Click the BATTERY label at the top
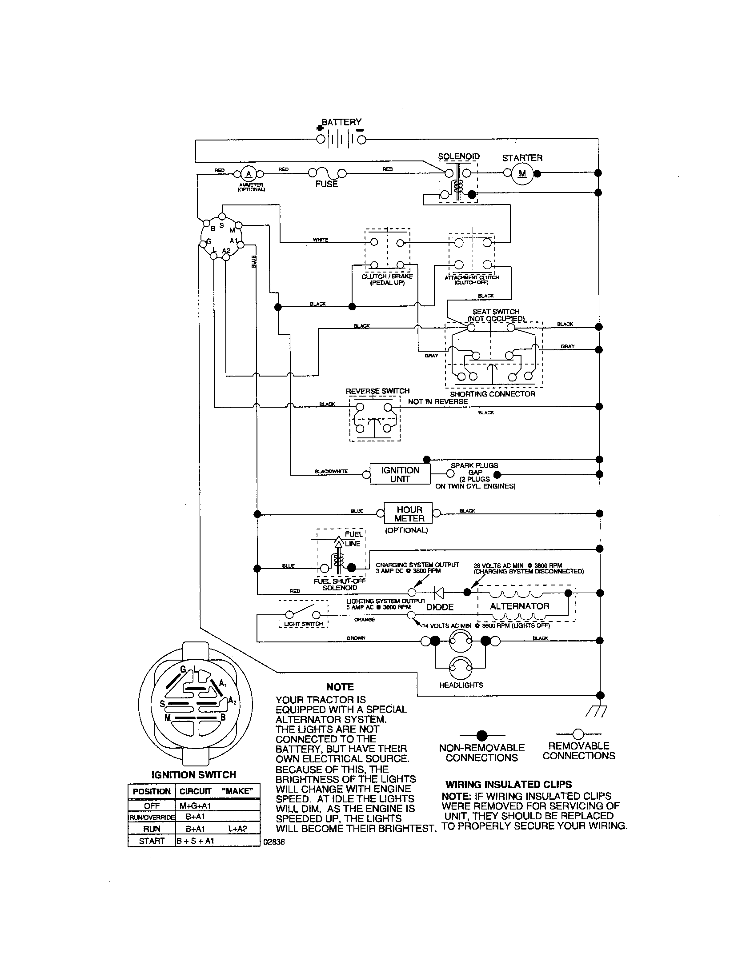pyautogui.click(x=341, y=122)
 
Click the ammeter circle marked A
pyautogui.click(x=249, y=174)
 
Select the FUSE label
pyautogui.click(x=326, y=184)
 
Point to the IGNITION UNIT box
pyautogui.click(x=400, y=474)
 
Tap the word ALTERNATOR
pyautogui.click(x=519, y=606)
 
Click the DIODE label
pyautogui.click(x=440, y=607)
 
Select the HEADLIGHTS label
pyautogui.click(x=461, y=685)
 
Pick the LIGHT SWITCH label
pyautogui.click(x=303, y=624)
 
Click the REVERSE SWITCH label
pyautogui.click(x=377, y=391)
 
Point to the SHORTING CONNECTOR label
pyautogui.click(x=493, y=394)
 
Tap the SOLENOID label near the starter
pyautogui.click(x=458, y=156)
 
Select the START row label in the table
pyautogui.click(x=152, y=841)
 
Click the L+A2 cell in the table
pyautogui.click(x=237, y=829)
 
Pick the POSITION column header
pyautogui.click(x=152, y=791)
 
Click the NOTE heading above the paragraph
pyautogui.click(x=340, y=687)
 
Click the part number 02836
pyautogui.click(x=274, y=842)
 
